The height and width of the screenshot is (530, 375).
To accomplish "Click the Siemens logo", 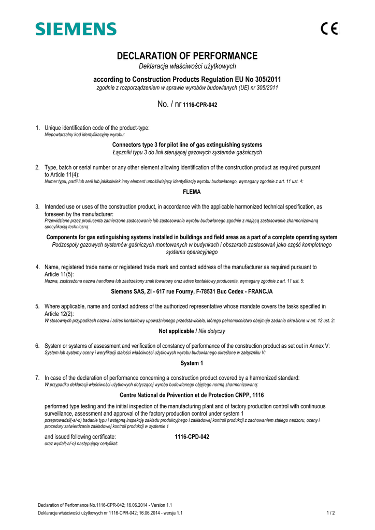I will tap(76, 29).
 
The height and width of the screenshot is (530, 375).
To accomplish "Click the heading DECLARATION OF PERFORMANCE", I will tap(187, 56).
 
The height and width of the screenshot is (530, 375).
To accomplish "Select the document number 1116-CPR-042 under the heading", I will tap(200, 105).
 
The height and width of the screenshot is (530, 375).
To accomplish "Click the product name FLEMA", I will tap(187, 192).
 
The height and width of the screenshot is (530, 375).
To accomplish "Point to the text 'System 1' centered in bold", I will tap(187, 363).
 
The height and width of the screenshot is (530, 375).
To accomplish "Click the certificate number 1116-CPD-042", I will tap(192, 437).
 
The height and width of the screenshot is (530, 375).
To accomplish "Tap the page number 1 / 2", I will tap(331, 513).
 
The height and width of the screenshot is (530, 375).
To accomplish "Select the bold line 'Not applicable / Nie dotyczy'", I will tap(187, 331).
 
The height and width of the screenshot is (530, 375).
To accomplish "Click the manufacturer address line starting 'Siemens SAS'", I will tap(187, 292).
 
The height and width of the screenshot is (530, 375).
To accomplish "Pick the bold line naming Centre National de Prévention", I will tap(187, 395).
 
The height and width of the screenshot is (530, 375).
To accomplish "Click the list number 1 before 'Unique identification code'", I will tap(37, 128).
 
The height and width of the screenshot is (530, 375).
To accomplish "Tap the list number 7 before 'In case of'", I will tap(37, 378).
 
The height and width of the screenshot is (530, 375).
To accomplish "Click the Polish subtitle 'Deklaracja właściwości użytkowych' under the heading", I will tap(187, 66).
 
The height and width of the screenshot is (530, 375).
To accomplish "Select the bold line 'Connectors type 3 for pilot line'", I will tap(187, 144).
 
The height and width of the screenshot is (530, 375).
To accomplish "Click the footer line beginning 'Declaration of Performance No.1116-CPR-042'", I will tap(105, 505).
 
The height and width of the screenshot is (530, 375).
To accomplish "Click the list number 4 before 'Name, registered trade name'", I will tap(37, 267).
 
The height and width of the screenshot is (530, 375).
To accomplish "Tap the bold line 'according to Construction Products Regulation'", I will tap(187, 80).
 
